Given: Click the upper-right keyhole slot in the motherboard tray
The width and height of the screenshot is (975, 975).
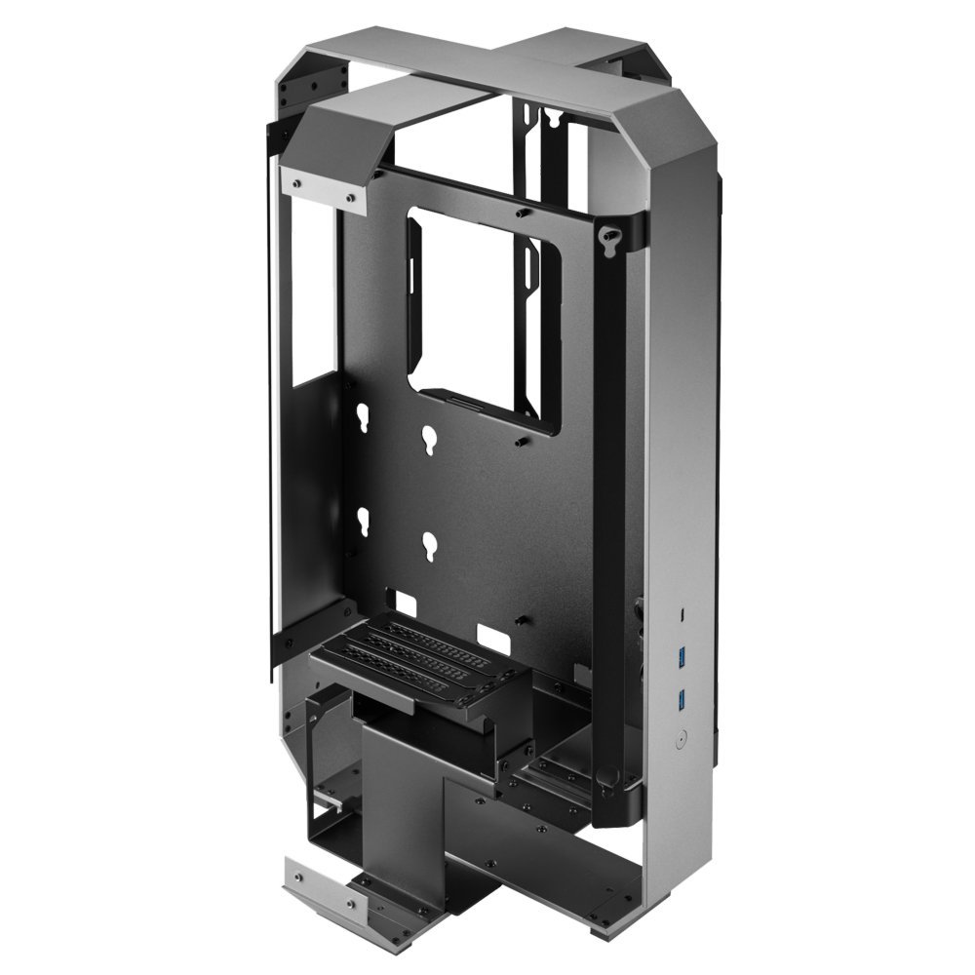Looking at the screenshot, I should [430, 440].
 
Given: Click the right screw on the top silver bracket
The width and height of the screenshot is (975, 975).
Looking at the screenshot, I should [348, 198].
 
